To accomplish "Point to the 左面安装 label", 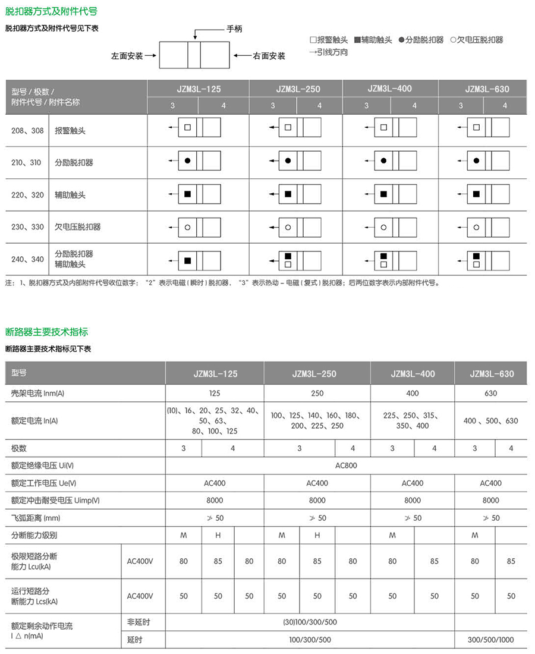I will point(127,56).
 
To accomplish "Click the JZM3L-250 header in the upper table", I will point(298,89).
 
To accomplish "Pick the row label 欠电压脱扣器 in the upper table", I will point(78,227).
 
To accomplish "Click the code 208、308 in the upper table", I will point(28,130).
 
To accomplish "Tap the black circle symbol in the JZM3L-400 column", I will point(384,161).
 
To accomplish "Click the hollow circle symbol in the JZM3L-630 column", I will point(476,227).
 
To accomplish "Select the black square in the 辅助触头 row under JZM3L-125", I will point(187,194).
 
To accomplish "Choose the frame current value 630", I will point(491,393).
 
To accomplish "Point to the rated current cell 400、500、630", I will point(491,420).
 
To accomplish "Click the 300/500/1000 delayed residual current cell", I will point(491,640).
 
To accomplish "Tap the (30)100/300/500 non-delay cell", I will point(310,622).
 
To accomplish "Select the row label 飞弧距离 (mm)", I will point(36,518).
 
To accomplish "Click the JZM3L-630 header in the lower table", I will point(492,374).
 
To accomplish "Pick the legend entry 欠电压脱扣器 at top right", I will point(477,40).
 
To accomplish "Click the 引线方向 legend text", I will point(329,52).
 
